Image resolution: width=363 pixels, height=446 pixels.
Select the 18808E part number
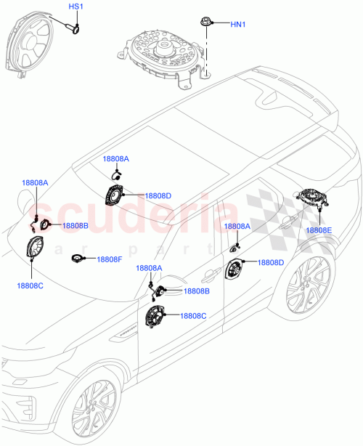(x=318, y=230)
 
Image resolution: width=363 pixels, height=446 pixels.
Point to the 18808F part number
(x=110, y=259)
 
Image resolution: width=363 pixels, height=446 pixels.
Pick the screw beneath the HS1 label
(x=74, y=28)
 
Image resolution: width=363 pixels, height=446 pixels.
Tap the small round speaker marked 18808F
(x=78, y=259)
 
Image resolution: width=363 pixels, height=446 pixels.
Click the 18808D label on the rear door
(x=271, y=262)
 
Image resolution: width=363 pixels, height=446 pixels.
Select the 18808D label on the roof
(x=158, y=195)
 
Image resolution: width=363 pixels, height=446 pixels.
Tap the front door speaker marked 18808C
(x=155, y=317)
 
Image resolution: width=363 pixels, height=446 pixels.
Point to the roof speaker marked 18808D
(x=115, y=196)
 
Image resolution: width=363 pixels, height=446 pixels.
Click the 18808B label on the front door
(x=196, y=291)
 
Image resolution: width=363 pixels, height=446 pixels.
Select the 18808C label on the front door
(x=193, y=315)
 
